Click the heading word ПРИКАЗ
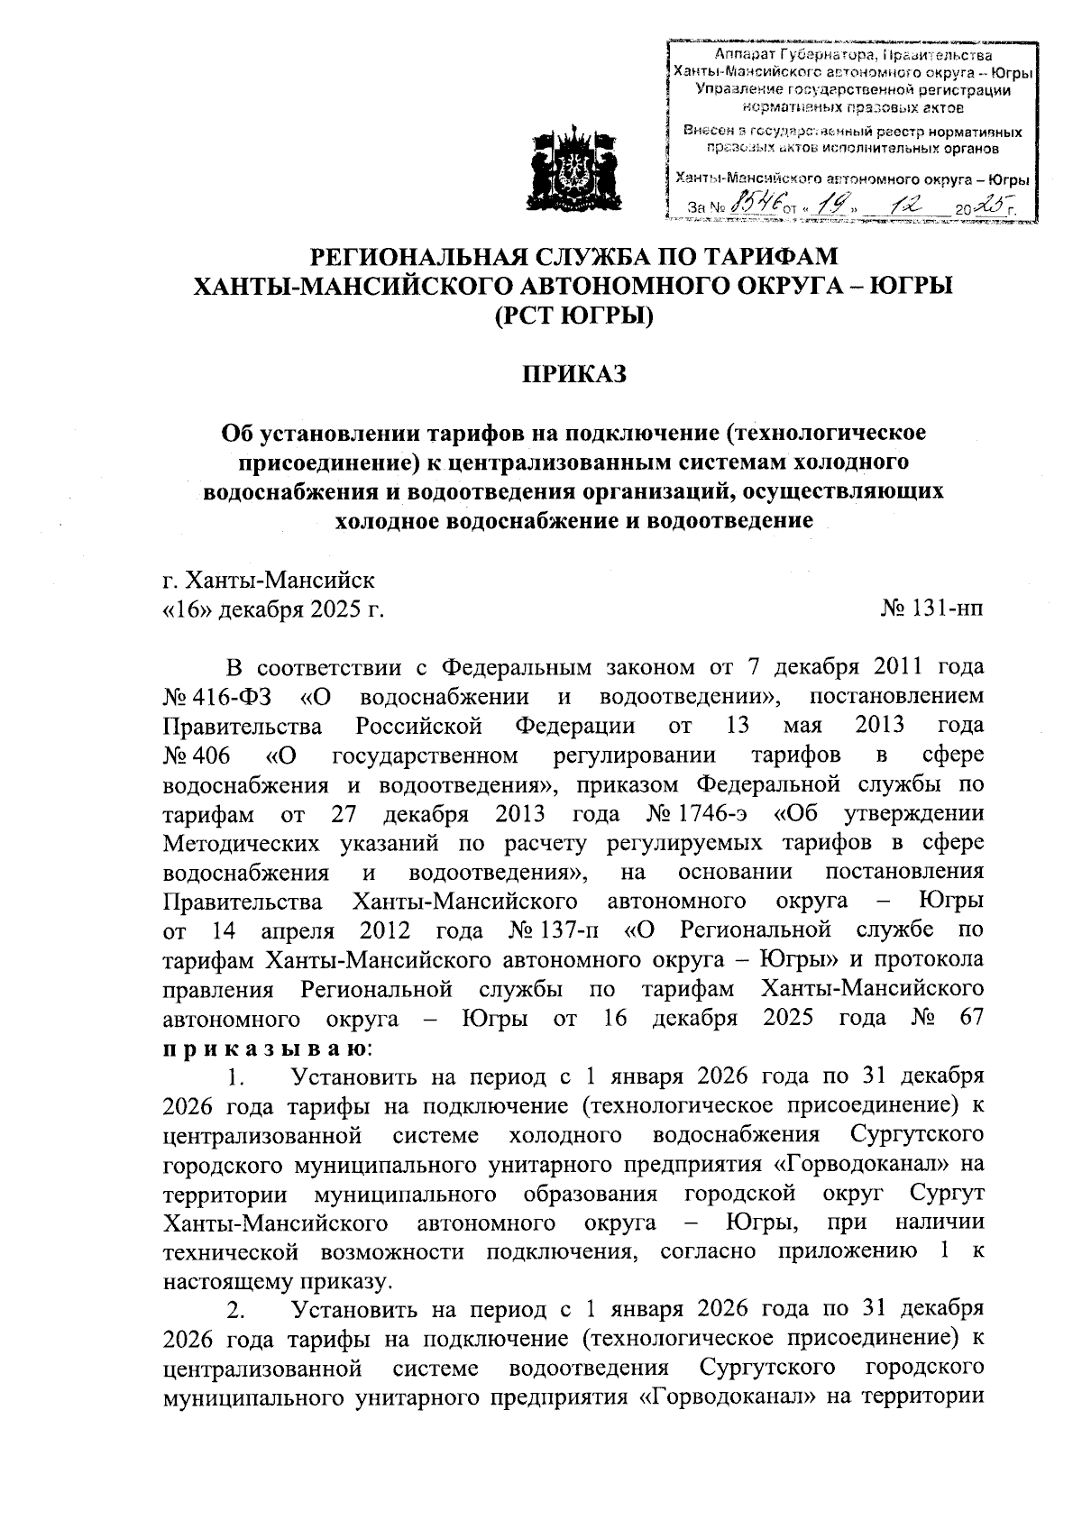click(574, 374)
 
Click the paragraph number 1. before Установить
click(236, 1077)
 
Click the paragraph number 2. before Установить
click(236, 1308)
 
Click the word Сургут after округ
click(946, 1195)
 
